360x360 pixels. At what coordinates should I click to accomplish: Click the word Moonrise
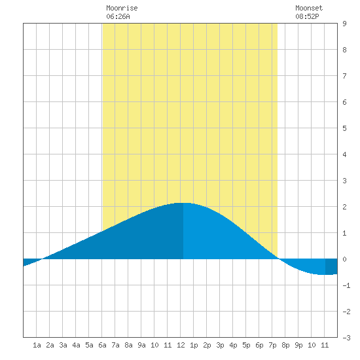pos(122,8)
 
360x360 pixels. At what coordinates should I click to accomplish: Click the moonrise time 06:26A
pos(118,16)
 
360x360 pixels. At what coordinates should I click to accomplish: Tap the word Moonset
pos(309,8)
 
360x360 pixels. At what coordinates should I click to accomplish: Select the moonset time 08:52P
pos(307,16)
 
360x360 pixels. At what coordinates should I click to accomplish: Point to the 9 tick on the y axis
pos(344,24)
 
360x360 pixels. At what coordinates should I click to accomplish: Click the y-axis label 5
pos(344,128)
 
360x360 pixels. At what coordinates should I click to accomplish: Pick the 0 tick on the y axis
pos(344,259)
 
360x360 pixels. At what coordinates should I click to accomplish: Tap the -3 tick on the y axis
pos(346,338)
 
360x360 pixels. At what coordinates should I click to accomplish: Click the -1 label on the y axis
pos(346,285)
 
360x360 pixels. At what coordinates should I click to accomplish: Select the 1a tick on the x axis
pos(37,345)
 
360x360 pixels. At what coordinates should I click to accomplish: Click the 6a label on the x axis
pos(102,345)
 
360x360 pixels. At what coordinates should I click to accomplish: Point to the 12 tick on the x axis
pos(181,345)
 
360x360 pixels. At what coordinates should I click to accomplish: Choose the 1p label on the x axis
pos(194,345)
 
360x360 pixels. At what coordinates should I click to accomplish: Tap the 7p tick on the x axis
pos(272,345)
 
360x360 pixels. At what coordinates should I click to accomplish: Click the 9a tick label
pos(141,345)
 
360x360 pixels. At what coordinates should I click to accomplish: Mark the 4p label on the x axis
pos(233,345)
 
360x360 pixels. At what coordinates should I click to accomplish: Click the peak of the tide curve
pos(183,203)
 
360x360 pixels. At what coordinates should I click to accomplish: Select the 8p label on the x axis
pos(285,345)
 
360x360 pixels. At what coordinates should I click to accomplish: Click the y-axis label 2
pos(344,207)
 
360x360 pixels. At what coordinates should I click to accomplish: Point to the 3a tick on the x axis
pos(63,345)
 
